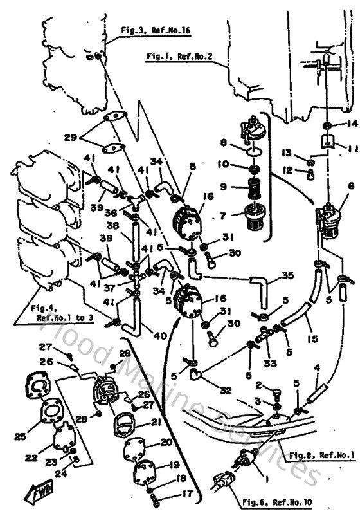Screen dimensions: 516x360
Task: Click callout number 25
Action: tap(21, 437)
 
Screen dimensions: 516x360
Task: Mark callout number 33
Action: tap(271, 363)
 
